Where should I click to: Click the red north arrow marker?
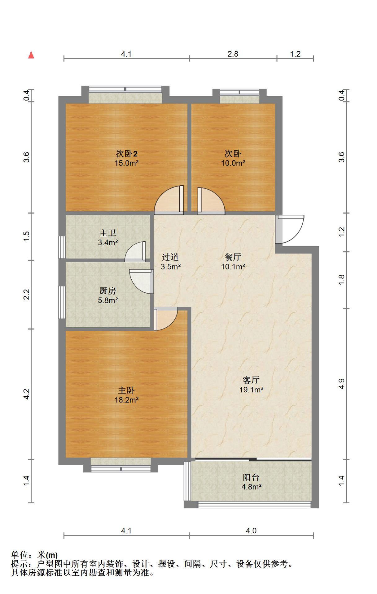pos(31,55)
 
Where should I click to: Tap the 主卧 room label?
pos(126,390)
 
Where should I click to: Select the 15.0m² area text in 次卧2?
pos(126,163)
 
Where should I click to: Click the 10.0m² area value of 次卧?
pos(233,163)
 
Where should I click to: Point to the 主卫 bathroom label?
pos(108,233)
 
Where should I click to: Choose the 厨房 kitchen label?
pos(108,291)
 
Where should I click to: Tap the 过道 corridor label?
pos(170,257)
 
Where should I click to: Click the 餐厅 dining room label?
pos(233,257)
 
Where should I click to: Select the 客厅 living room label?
pos(251,380)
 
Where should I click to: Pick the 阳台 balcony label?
pos(251,477)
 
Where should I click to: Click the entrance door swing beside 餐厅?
pos(290,229)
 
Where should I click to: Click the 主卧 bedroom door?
pos(166,319)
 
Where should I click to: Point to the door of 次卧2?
pos(169,200)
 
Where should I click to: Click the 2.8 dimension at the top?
pos(233,54)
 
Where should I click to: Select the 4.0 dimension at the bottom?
pos(251,531)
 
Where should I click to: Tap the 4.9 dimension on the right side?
pos(341,384)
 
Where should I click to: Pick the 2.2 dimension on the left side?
pos(27,294)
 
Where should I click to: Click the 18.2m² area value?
pos(126,400)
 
